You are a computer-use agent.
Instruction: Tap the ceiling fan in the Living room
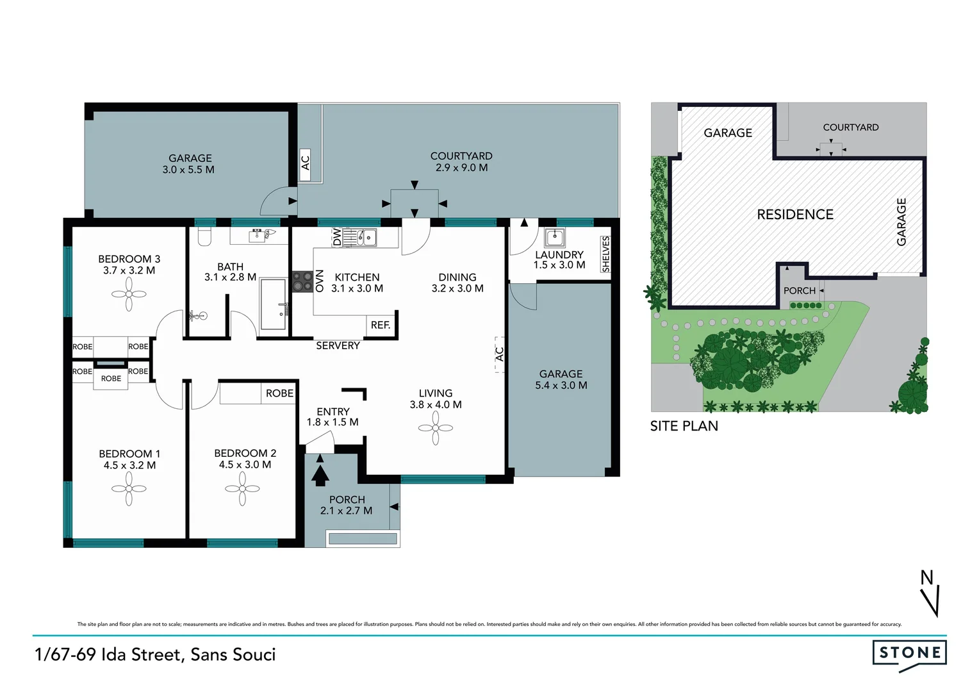pos(436,427)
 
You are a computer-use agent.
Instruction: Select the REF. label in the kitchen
pos(381,325)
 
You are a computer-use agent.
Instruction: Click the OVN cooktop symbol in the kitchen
pos(302,281)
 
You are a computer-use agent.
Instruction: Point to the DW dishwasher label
pos(337,238)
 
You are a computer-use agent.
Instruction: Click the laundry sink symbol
pos(554,238)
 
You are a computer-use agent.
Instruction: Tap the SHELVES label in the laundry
pos(605,254)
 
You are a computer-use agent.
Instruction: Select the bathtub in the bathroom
pos(273,304)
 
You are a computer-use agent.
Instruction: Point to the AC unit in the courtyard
pos(306,163)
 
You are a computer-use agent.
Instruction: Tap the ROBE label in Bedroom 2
pos(279,393)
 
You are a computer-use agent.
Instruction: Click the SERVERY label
pos(338,345)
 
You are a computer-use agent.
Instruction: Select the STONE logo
pos(909,654)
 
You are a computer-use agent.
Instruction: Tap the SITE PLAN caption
pos(684,426)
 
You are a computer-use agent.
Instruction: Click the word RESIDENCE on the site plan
pos(795,215)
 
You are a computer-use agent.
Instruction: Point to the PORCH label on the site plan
pos(799,291)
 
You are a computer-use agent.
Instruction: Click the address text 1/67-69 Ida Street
pos(156,654)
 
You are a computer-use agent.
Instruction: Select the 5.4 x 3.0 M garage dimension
pos(561,385)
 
